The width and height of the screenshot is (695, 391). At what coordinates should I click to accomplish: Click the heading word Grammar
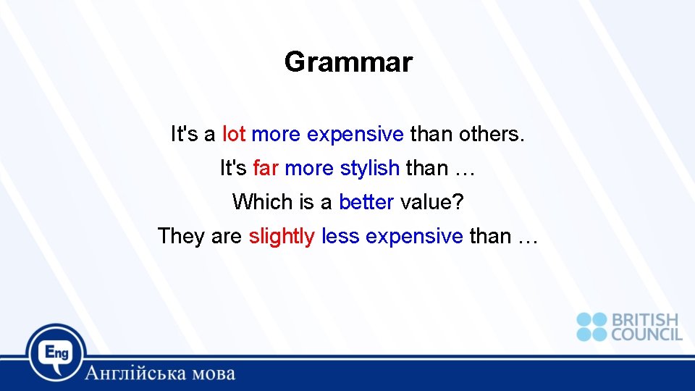[x=348, y=62]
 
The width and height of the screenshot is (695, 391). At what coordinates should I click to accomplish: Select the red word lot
[x=234, y=135]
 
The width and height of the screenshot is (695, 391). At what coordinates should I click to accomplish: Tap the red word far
[x=266, y=168]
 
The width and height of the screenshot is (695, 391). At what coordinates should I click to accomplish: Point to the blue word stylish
[x=369, y=169]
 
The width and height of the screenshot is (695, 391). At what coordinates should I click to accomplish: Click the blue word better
[x=366, y=202]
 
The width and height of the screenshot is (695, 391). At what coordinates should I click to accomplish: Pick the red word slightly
[x=282, y=236]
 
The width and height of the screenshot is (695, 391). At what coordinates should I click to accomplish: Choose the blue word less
[x=340, y=236]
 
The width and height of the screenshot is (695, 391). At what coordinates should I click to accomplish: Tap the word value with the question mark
[x=431, y=202]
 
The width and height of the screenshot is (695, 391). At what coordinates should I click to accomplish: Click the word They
[x=182, y=236]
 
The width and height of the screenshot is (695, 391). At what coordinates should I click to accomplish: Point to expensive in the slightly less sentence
[x=414, y=237]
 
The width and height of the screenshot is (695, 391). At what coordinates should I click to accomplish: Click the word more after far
[x=309, y=169]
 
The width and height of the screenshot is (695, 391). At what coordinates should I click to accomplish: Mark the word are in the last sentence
[x=227, y=236]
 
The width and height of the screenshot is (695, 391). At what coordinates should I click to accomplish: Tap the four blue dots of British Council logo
[x=591, y=327]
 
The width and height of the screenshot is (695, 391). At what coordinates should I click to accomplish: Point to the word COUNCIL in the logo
[x=646, y=335]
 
